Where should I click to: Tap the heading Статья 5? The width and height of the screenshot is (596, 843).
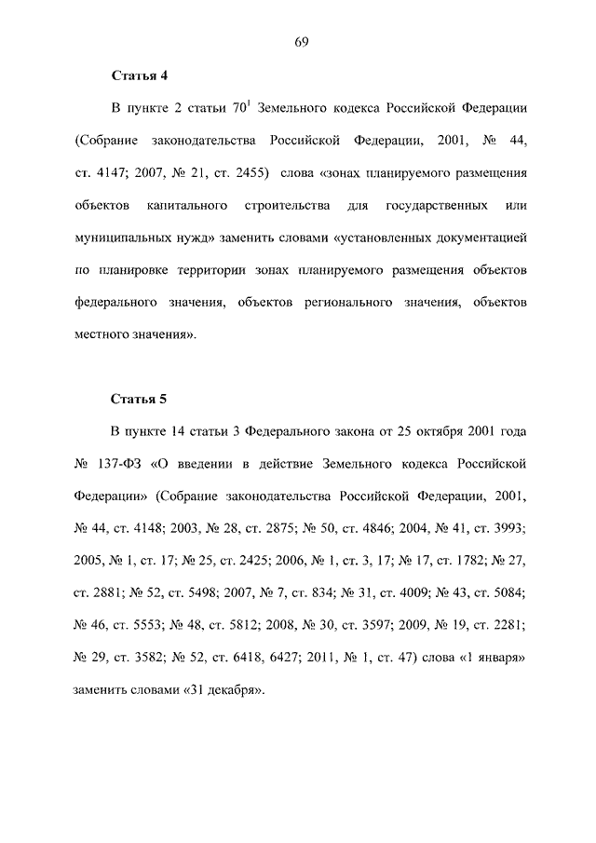[138, 400]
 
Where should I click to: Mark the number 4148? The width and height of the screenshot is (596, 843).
[148, 529]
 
